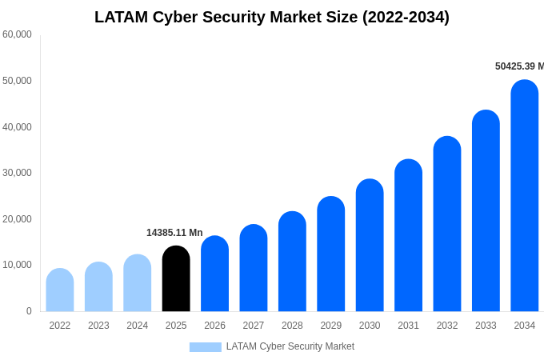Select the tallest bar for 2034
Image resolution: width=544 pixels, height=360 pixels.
tap(525, 196)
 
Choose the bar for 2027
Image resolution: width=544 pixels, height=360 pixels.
tap(254, 268)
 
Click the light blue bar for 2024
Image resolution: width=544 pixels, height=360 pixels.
tap(138, 283)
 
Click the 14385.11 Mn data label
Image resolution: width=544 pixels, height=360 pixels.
tap(174, 233)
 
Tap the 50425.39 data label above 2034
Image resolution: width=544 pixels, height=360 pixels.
tap(518, 66)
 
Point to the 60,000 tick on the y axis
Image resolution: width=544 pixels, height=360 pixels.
tap(17, 34)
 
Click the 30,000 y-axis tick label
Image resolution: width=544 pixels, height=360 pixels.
tap(17, 173)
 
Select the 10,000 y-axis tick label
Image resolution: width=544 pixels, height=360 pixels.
tap(17, 265)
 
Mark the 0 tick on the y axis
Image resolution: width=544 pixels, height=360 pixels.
tap(29, 311)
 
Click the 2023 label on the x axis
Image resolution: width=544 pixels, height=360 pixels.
tap(98, 326)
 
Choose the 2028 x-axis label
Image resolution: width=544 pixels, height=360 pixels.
tap(292, 326)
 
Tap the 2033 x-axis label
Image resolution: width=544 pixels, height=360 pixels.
tap(486, 326)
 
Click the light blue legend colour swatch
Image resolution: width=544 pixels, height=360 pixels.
tap(205, 347)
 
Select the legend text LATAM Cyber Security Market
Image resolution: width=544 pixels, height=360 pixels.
tap(290, 346)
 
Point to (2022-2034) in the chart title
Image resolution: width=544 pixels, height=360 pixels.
tap(406, 17)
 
